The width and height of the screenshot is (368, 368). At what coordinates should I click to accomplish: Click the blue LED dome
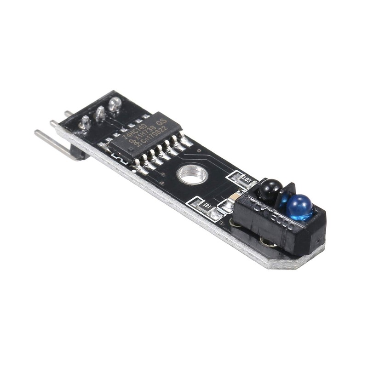tap(299, 207)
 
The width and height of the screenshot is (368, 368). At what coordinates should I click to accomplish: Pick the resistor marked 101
tap(202, 205)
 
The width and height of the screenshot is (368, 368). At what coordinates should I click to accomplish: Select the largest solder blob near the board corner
tap(114, 104)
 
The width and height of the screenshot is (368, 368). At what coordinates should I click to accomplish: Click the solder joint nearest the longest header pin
tap(85, 122)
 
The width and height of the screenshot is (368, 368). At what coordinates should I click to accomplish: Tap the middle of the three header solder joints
tap(99, 113)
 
